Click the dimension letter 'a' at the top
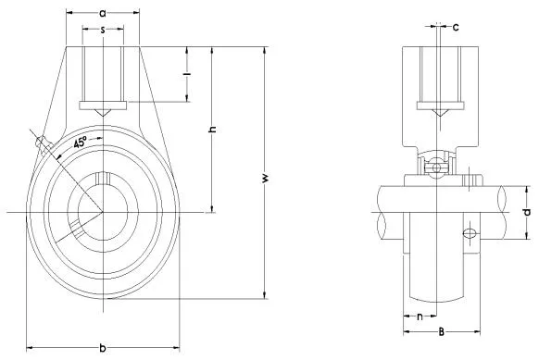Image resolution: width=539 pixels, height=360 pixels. click(x=101, y=14)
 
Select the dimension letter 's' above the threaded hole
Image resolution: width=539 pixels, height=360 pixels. click(x=101, y=31)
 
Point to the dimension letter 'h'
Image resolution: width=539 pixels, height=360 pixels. click(x=212, y=130)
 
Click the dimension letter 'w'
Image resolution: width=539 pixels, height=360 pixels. click(x=265, y=176)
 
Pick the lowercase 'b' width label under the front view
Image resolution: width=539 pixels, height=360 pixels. click(x=102, y=348)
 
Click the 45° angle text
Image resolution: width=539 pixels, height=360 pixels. click(x=81, y=143)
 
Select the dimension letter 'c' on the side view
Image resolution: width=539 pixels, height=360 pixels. click(x=456, y=26)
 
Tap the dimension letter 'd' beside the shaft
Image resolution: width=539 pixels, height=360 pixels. click(x=525, y=213)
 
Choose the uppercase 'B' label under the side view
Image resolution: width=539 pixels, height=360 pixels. click(x=441, y=329)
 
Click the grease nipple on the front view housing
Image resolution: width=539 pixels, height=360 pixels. click(x=40, y=143)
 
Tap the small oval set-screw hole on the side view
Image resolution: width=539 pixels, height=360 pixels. click(x=469, y=233)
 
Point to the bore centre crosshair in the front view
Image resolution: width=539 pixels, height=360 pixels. click(x=101, y=214)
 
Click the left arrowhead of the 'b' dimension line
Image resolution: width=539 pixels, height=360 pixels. click(x=29, y=348)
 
